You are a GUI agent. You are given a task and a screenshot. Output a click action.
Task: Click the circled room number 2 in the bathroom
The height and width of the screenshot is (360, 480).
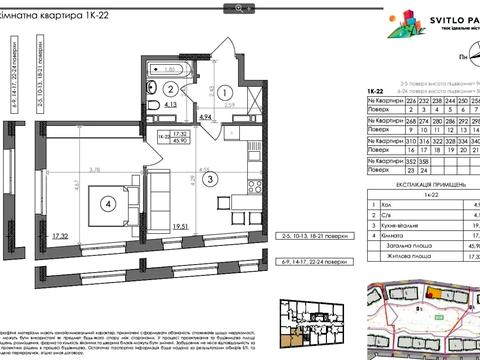148,87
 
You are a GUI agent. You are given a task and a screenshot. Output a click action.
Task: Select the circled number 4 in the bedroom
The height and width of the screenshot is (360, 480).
106,197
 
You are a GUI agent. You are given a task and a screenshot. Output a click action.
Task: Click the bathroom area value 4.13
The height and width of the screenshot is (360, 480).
143,104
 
